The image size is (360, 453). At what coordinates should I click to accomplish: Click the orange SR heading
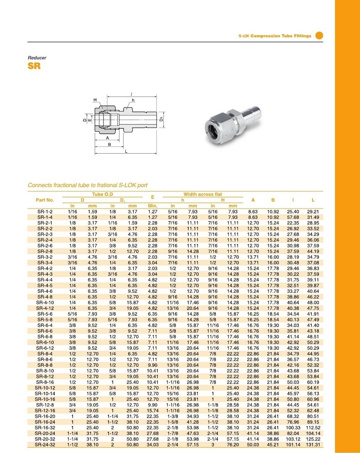tap(34, 66)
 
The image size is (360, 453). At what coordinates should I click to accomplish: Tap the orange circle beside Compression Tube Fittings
tap(319, 35)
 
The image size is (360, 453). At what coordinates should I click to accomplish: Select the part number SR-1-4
tap(45, 217)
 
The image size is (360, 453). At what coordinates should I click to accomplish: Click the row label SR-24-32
tap(45, 445)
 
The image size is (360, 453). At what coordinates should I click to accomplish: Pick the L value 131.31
tap(313, 445)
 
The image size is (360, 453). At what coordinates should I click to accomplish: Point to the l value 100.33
tap(293, 428)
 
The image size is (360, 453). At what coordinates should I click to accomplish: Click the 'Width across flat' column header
tap(203, 194)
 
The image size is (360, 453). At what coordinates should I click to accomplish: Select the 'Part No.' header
tap(45, 200)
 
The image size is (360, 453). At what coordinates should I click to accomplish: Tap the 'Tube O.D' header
tap(103, 194)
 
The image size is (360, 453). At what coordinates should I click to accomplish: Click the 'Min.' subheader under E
tap(153, 206)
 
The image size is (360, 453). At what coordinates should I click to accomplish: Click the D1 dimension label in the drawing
tap(162, 119)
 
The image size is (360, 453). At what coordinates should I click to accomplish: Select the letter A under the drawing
tap(107, 138)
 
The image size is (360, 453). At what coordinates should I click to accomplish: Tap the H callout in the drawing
tap(95, 100)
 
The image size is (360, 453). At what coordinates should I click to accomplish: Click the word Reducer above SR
tap(37, 58)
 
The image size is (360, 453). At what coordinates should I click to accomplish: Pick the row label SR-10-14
tap(45, 394)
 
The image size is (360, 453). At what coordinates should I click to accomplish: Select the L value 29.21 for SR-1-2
tap(313, 212)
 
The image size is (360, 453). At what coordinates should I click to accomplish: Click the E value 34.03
tap(153, 445)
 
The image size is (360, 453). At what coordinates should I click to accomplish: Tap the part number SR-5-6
tap(45, 314)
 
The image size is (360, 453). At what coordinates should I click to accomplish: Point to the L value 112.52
tap(313, 428)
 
